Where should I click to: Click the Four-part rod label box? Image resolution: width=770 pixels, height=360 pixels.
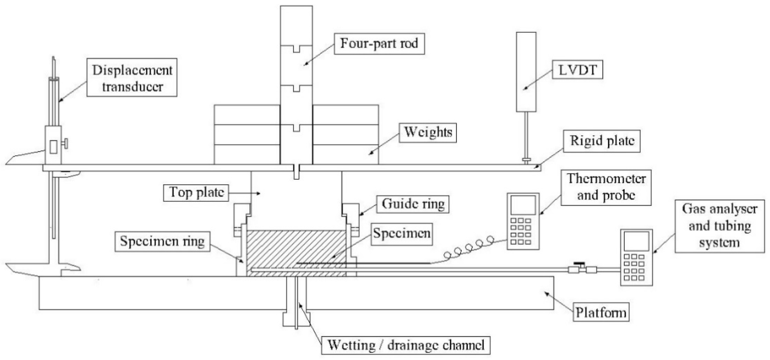379,44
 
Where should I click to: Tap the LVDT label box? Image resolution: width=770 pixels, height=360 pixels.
577,70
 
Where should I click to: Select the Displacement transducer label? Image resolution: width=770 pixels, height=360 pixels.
132,78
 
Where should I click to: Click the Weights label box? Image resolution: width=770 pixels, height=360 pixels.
428,132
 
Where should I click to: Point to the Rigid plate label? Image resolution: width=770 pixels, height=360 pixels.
602,141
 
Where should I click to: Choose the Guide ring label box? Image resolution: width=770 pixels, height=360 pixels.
413,204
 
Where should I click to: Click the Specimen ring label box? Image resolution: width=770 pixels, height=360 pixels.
162,241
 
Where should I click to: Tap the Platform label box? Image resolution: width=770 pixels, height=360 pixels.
601,313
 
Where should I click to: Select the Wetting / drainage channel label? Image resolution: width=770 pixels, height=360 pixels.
406,345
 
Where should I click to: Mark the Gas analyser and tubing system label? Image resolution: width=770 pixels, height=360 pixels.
720,226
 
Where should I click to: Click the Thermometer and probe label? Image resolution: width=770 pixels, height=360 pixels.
606,187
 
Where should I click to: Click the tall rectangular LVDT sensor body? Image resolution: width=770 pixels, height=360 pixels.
526,72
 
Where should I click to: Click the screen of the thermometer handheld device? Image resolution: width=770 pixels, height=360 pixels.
523,205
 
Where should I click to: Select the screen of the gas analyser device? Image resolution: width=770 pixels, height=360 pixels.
636,241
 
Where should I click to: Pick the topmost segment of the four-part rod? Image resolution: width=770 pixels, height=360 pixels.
296,25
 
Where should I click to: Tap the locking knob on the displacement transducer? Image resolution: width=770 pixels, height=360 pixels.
65,144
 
